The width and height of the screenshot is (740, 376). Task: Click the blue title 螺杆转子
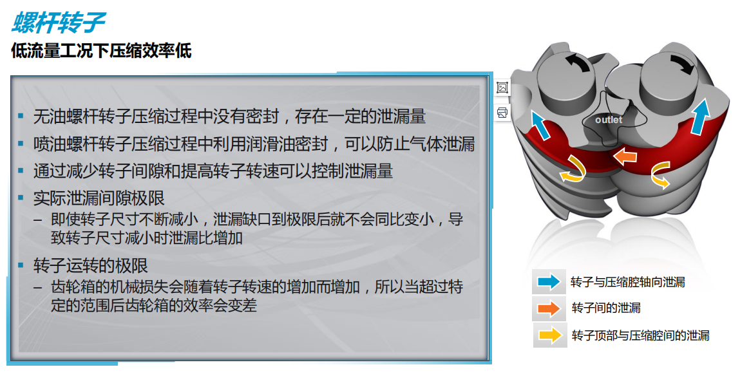coord(58,22)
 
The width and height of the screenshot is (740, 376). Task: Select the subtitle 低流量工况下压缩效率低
coord(101,50)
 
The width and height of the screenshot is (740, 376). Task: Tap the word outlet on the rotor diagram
coord(609,120)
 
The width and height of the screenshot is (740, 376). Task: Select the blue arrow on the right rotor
coord(700,116)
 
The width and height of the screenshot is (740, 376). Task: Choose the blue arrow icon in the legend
coord(549,282)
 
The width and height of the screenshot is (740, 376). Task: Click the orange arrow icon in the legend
coord(549,308)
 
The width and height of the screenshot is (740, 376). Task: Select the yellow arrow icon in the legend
coord(550,335)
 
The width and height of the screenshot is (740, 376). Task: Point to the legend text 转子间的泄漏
coord(606,308)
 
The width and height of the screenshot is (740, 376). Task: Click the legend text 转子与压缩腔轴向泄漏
coord(628,282)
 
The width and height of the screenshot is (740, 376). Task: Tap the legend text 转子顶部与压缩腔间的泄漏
coord(640,335)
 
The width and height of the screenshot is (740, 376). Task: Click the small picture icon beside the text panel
coord(502,88)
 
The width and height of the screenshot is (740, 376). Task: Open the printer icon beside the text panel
coord(502,112)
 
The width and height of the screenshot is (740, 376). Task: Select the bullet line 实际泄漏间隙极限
coord(99,198)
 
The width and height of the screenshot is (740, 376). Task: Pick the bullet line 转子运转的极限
coord(91,266)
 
